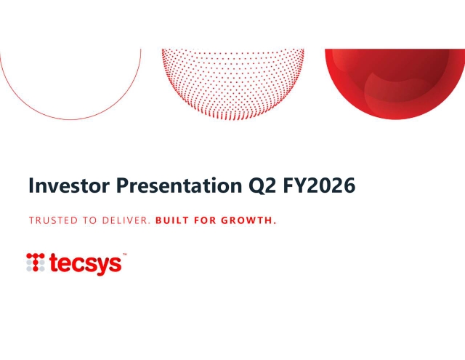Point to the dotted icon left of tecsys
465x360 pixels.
point(36,262)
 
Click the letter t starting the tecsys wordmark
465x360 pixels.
point(54,263)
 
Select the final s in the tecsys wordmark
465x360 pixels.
point(115,265)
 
